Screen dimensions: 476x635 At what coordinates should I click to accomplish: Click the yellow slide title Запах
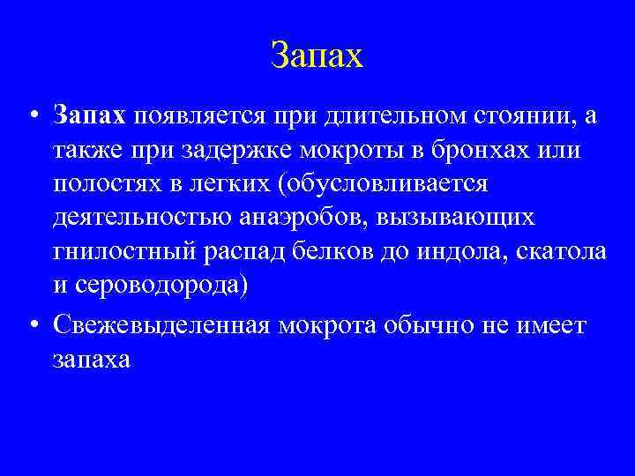[317, 56]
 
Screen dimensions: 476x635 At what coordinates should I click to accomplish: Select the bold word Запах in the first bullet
[90, 115]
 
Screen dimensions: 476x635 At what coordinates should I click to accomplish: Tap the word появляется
[200, 115]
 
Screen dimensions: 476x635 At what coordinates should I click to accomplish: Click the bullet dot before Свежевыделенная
[33, 324]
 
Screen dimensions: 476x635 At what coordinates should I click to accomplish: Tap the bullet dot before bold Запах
[33, 115]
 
